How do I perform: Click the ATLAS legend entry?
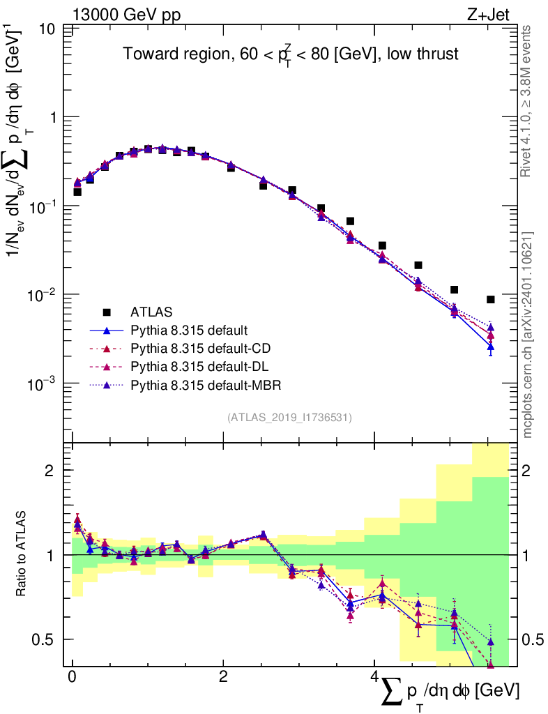click(x=151, y=312)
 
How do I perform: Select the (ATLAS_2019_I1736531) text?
click(x=289, y=418)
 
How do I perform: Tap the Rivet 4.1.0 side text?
click(x=527, y=100)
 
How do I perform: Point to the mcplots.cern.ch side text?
click(x=528, y=335)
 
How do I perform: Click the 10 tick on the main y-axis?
click(x=47, y=29)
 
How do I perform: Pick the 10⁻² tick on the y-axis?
click(x=42, y=296)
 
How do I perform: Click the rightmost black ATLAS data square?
click(x=491, y=299)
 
